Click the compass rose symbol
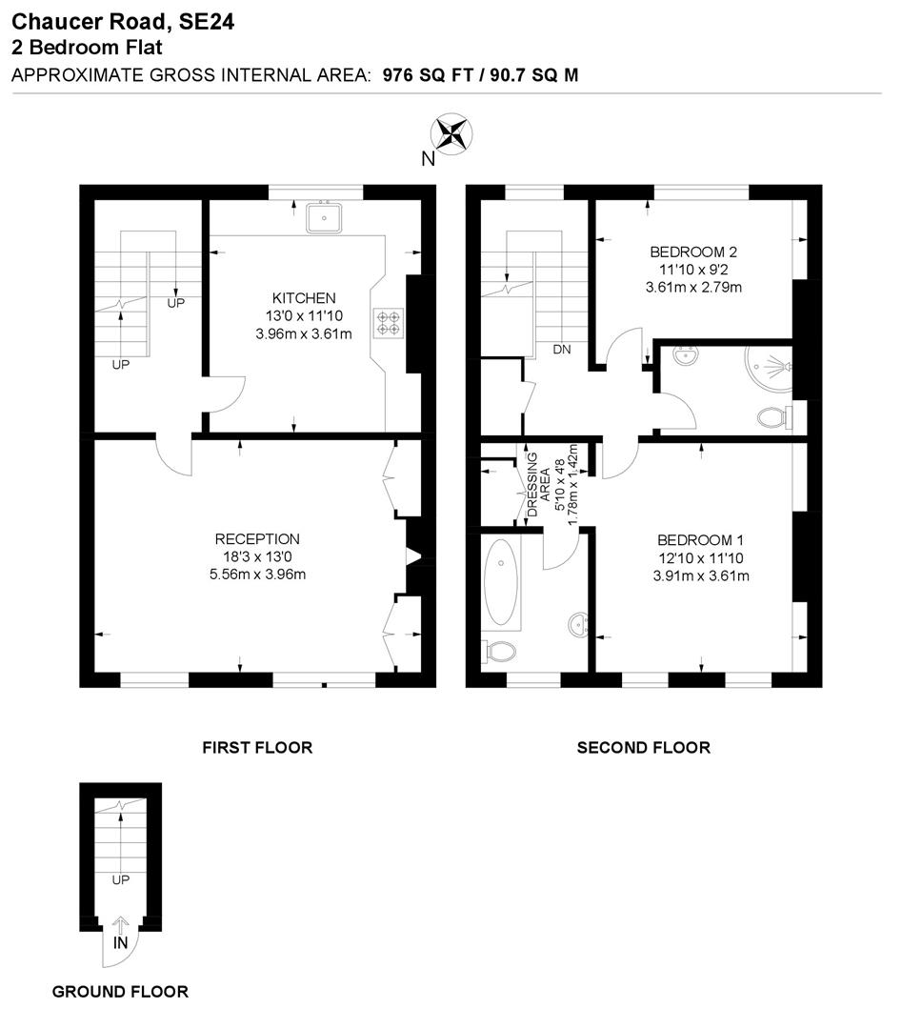click(453, 132)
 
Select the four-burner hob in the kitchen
click(389, 322)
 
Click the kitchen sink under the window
click(325, 218)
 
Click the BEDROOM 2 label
click(693, 252)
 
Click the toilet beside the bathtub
click(500, 652)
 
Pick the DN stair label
click(562, 350)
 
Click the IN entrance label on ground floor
click(120, 942)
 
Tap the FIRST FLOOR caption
click(257, 748)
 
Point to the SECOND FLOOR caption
click(643, 748)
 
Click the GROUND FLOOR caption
click(120, 992)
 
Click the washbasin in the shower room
click(684, 356)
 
